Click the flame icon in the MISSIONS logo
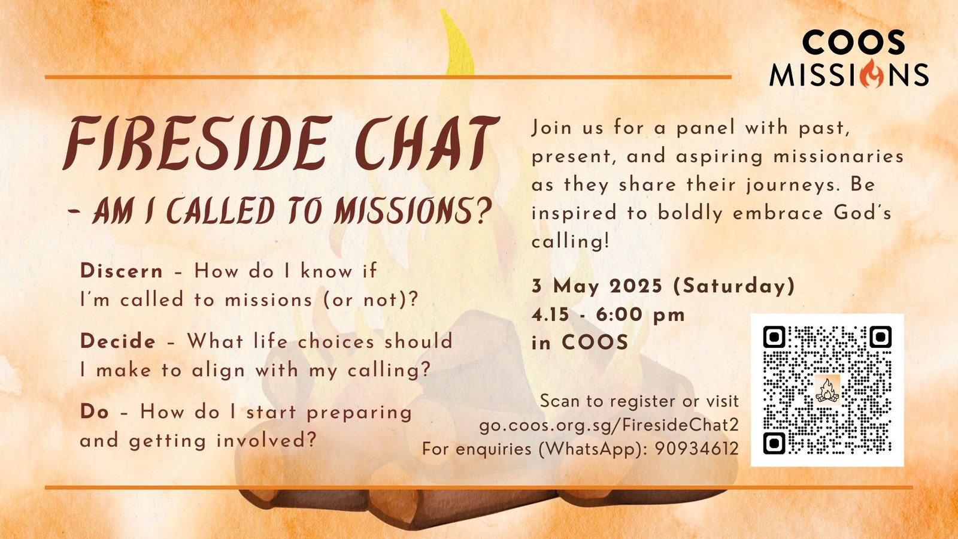872,74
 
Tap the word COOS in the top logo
854,43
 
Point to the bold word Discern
122,271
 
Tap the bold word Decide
118,341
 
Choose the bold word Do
94,412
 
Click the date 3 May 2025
596,286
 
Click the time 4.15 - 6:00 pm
608,315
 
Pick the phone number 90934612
697,449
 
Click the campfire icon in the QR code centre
827,390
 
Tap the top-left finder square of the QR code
774,337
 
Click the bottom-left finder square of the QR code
774,443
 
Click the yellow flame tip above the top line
457,43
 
